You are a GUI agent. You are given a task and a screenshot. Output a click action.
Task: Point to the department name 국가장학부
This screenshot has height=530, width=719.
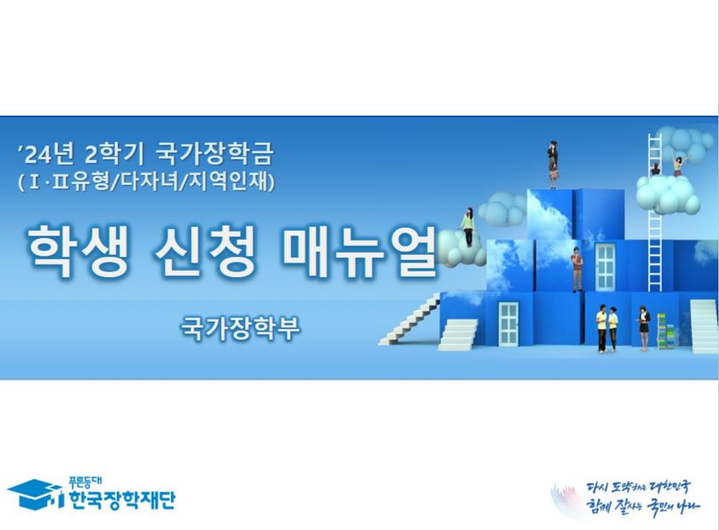(x=240, y=328)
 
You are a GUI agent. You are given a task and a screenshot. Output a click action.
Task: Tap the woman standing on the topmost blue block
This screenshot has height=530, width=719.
(x=553, y=165)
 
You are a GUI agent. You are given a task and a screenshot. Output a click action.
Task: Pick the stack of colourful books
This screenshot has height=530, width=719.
(x=662, y=331)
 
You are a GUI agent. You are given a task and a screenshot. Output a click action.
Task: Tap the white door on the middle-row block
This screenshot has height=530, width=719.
(x=605, y=266)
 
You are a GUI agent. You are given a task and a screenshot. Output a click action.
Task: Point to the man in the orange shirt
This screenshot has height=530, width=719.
(x=577, y=268)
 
